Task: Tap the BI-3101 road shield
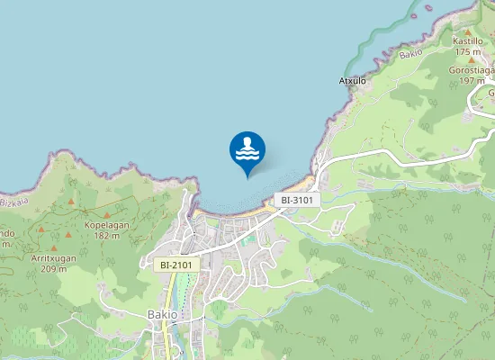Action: (x=296, y=200)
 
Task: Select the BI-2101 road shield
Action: (x=175, y=265)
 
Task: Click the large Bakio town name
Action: (x=162, y=314)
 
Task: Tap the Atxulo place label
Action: (x=352, y=79)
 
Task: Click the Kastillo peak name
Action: (x=468, y=40)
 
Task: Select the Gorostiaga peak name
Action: (x=472, y=69)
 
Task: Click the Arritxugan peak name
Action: (x=55, y=258)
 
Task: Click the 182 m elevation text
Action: (x=106, y=236)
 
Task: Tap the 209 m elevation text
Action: (x=55, y=269)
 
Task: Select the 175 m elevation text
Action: (x=468, y=52)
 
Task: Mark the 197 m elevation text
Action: (x=472, y=80)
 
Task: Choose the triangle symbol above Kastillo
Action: (x=468, y=30)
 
